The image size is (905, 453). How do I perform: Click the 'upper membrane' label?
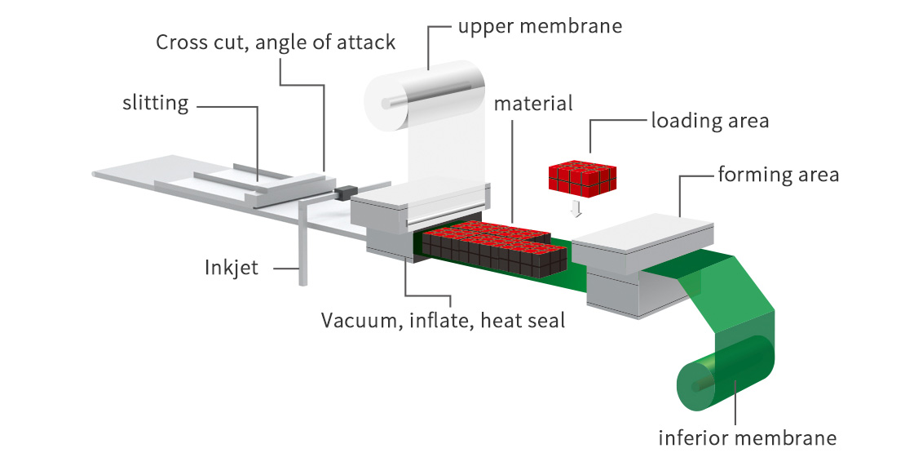pyautogui.click(x=540, y=26)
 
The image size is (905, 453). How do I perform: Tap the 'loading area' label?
pyautogui.click(x=709, y=121)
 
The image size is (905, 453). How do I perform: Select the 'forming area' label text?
pyautogui.click(x=778, y=175)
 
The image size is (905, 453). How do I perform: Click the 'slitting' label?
pyautogui.click(x=155, y=103)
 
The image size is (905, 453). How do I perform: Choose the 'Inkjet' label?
pyautogui.click(x=231, y=267)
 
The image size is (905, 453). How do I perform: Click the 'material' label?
pyautogui.click(x=533, y=104)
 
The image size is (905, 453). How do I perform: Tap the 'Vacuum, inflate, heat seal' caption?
pyautogui.click(x=442, y=319)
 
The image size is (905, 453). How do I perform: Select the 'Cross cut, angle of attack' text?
pyautogui.click(x=276, y=42)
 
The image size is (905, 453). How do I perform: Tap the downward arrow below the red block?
pyautogui.click(x=577, y=209)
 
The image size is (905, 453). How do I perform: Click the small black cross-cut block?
pyautogui.click(x=343, y=193)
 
